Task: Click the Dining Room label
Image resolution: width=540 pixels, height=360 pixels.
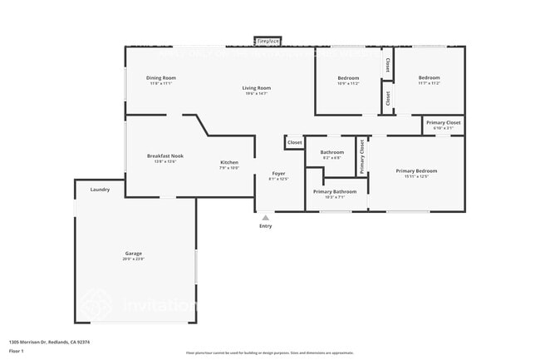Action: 162,78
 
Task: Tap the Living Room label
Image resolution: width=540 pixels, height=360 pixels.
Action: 256,87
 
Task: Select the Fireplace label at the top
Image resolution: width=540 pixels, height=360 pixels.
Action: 268,40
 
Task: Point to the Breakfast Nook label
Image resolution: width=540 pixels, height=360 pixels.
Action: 165,155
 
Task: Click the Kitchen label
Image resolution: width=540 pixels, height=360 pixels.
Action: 228,162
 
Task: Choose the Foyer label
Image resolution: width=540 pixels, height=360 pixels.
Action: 277,173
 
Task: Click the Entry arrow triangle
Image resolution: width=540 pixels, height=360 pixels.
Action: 265,218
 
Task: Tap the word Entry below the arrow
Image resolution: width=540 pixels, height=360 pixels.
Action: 265,226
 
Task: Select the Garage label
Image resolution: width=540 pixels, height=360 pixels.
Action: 134,253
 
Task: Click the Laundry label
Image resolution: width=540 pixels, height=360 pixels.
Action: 100,190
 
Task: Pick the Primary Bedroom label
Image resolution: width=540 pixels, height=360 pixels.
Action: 416,170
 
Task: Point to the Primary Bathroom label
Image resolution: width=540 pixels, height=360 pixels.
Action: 335,191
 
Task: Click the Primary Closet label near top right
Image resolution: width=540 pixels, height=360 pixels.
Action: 443,123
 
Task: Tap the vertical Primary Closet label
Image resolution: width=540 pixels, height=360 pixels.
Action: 361,156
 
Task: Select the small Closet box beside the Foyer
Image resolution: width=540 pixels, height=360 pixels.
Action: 294,142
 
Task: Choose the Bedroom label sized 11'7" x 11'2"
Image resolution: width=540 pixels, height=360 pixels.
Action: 429,78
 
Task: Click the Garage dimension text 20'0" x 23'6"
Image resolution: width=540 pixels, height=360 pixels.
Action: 134,259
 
